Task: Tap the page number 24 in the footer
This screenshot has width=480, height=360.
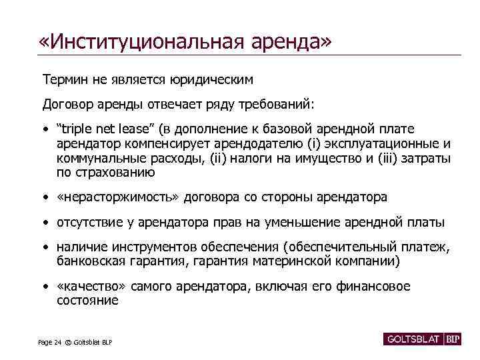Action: (x=59, y=342)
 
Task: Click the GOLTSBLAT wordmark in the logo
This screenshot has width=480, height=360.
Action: (x=414, y=339)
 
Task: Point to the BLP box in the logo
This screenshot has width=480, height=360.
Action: (x=453, y=339)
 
